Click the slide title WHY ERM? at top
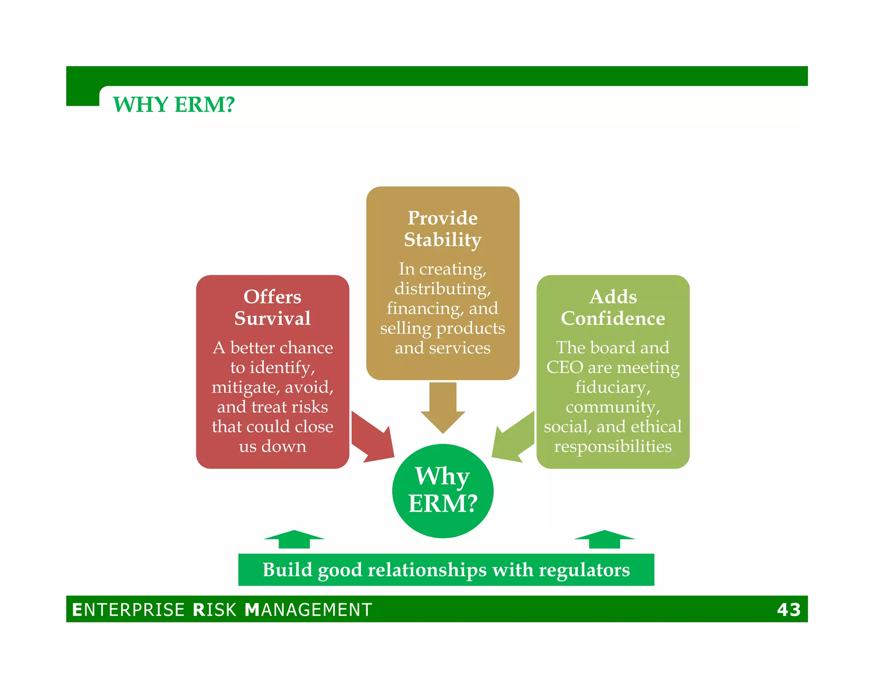174,105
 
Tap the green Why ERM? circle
443,491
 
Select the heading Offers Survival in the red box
272,308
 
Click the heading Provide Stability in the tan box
443,229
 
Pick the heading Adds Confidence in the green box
613,308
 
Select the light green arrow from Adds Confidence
514,437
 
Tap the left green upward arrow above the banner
294,539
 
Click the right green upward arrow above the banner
604,539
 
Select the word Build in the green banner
287,570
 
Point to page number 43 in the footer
789,610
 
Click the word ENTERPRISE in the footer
128,610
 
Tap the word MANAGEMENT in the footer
309,610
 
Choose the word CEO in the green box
565,367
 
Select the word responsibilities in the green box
613,446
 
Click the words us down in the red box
272,446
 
